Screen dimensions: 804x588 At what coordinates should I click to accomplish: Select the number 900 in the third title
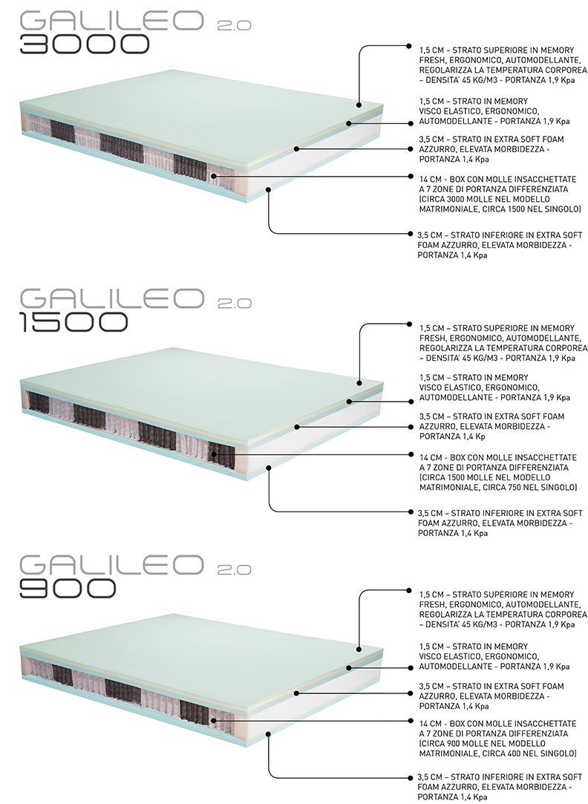(x=67, y=588)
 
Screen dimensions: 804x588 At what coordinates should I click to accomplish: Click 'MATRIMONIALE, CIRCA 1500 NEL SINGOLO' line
(x=499, y=209)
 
